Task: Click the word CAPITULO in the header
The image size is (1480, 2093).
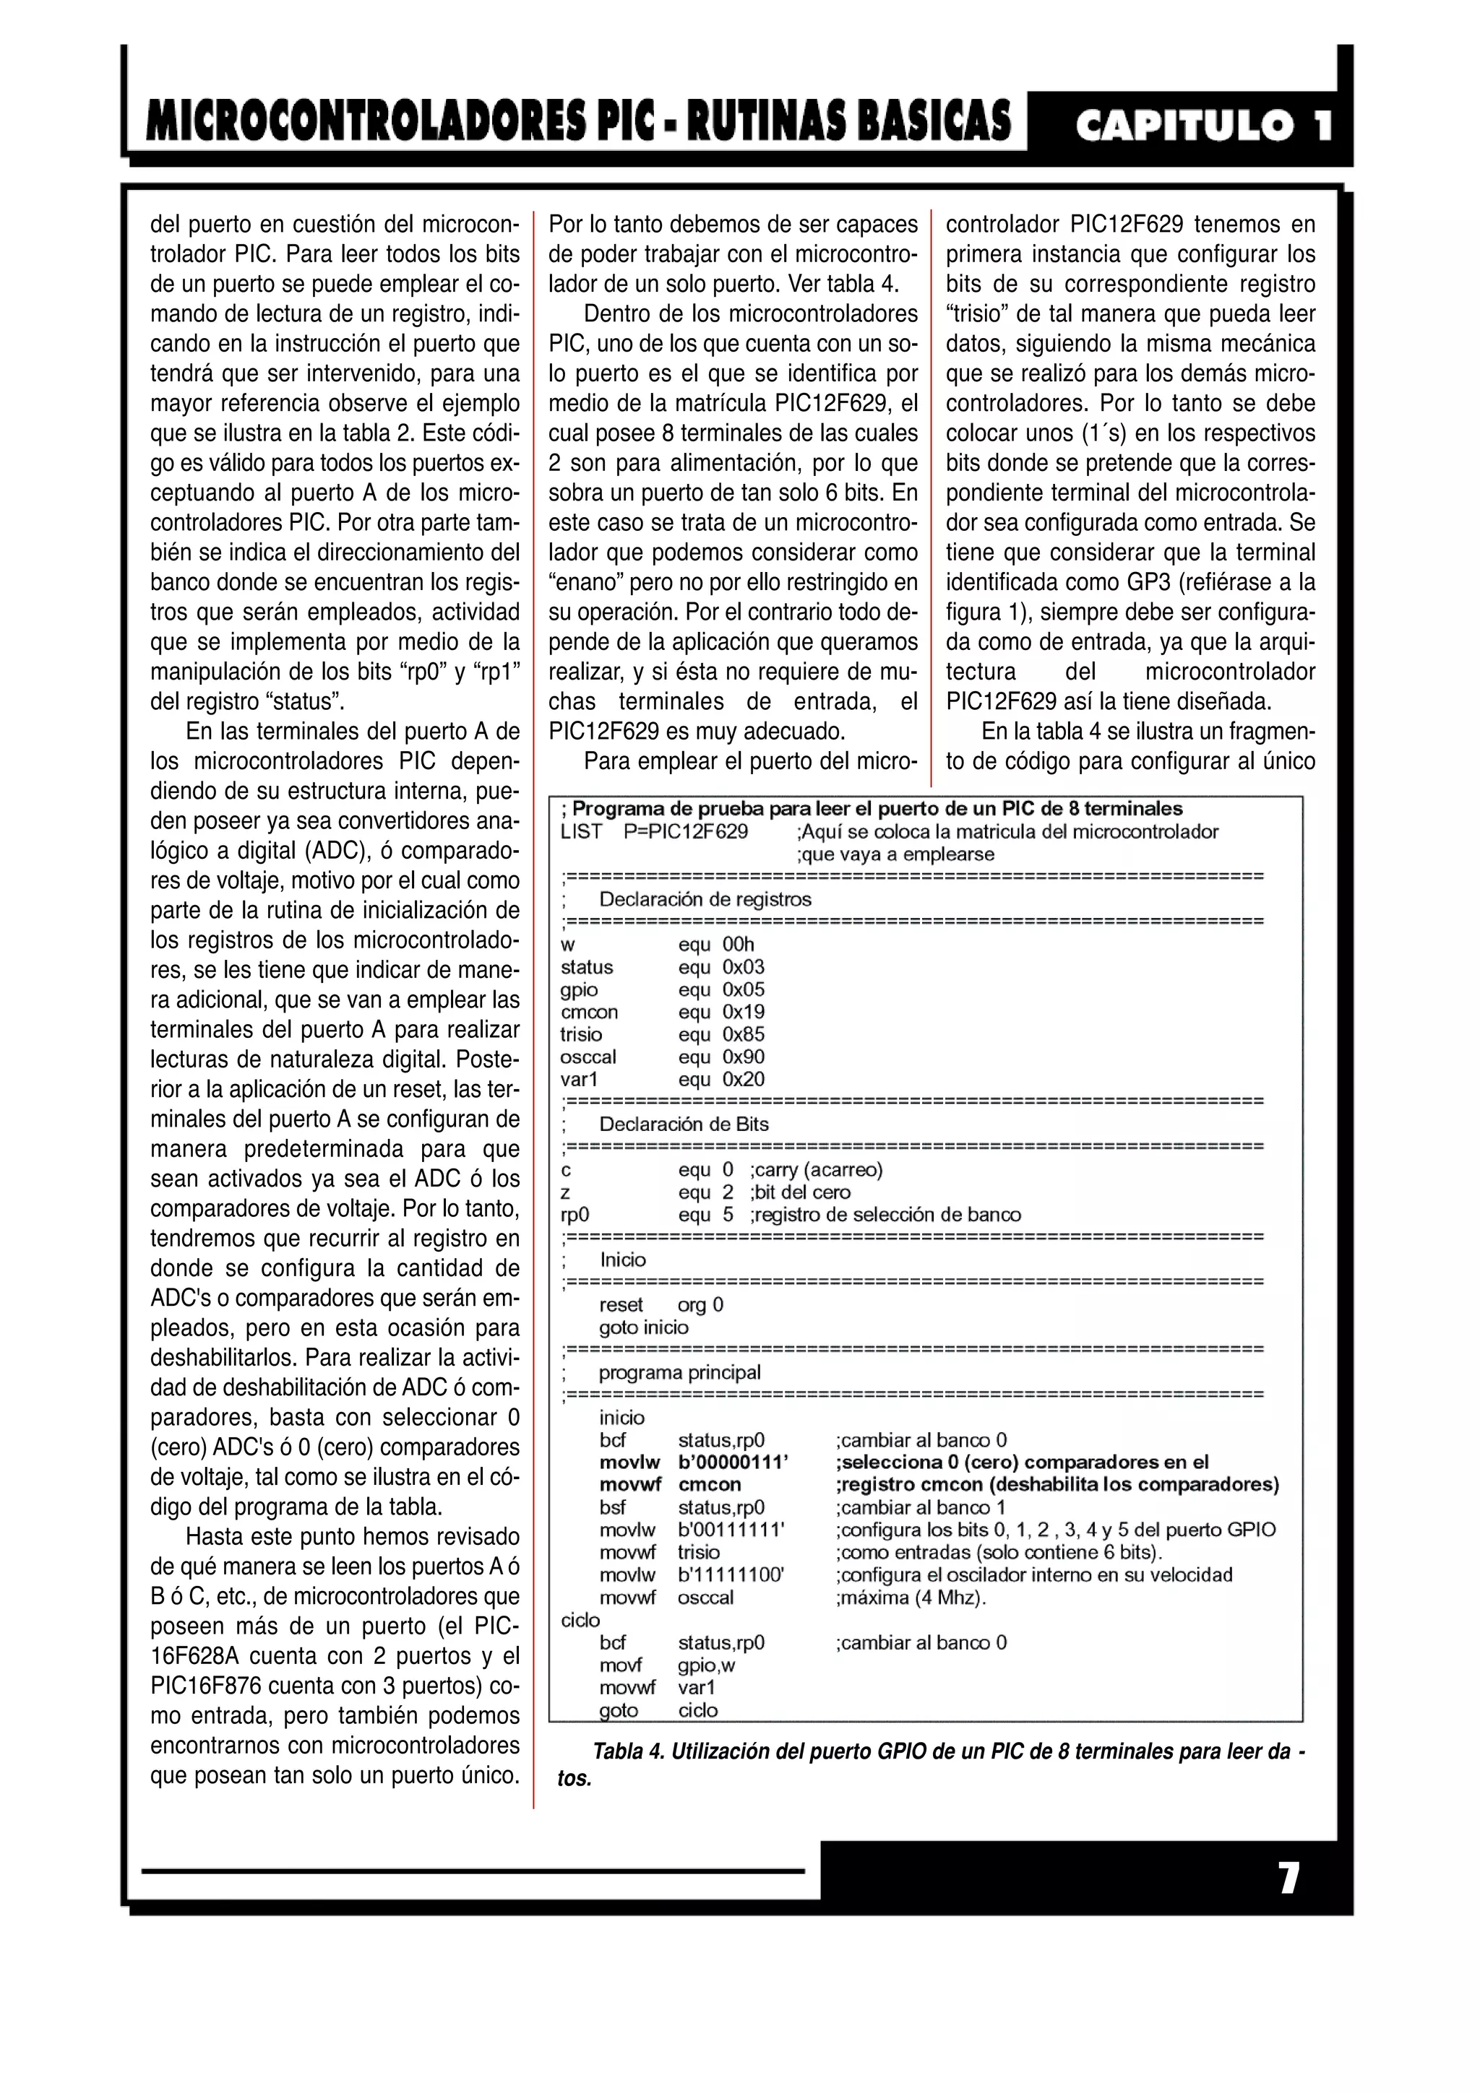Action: point(1184,125)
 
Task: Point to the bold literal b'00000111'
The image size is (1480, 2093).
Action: point(733,1462)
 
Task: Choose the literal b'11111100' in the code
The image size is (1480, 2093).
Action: point(731,1574)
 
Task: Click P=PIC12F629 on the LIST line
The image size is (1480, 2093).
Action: point(686,831)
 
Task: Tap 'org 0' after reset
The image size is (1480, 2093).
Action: point(700,1304)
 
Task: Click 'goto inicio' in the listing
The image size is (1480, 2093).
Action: point(644,1327)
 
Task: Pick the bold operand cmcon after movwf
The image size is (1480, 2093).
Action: point(710,1485)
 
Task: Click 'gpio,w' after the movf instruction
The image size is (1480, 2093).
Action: point(706,1665)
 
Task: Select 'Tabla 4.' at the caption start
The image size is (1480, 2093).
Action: point(627,1752)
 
